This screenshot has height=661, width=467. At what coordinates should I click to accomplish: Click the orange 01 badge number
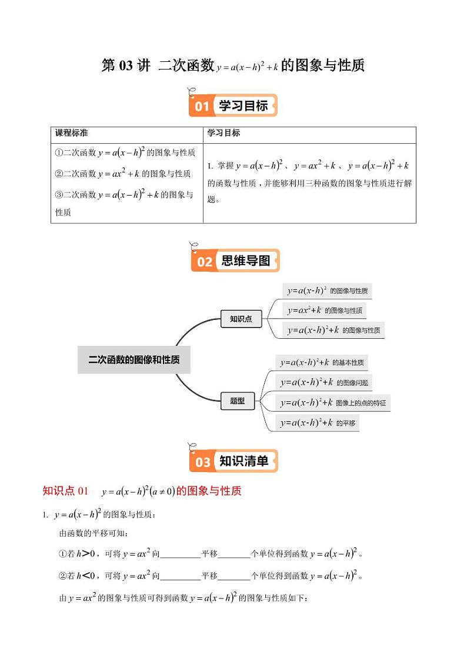tap(202, 107)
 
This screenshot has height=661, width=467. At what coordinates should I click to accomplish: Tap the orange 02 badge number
tap(204, 262)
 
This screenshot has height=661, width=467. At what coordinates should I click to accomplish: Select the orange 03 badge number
tap(203, 462)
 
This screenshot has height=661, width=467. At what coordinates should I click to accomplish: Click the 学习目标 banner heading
tap(243, 106)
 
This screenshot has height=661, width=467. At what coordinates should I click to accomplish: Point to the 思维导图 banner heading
tap(246, 261)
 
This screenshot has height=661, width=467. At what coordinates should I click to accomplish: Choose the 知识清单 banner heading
tap(244, 461)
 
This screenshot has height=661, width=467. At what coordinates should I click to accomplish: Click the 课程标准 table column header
tap(71, 133)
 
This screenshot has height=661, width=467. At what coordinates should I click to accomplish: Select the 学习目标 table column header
tap(224, 133)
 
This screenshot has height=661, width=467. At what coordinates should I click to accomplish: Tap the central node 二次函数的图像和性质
tap(134, 359)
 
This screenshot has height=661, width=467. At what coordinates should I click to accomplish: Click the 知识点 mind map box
tap(241, 319)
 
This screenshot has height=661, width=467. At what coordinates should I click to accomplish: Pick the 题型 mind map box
tap(238, 401)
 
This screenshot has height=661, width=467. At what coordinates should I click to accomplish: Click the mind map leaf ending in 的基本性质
tap(323, 362)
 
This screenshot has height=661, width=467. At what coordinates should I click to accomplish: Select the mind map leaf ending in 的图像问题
tap(324, 382)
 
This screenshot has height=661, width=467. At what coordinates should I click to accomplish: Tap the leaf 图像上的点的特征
tap(333, 403)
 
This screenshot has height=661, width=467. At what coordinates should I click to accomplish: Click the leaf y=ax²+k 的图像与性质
tap(325, 310)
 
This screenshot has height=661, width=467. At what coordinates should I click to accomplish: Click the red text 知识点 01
tap(65, 491)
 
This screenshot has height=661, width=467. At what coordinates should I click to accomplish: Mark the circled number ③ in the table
tap(59, 195)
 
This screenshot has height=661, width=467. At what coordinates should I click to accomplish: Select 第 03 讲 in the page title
tap(126, 65)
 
